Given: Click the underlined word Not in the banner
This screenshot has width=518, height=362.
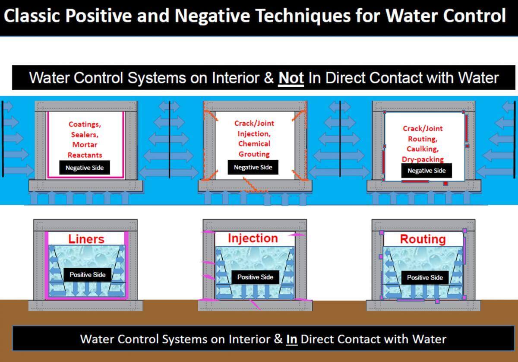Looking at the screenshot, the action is click(291, 78).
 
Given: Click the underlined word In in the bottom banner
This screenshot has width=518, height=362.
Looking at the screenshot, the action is click(292, 339).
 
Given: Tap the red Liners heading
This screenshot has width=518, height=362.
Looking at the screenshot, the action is click(86, 239).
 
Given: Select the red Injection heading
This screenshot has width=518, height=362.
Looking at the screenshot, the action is click(253, 238).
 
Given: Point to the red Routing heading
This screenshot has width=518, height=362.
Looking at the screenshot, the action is click(423, 239).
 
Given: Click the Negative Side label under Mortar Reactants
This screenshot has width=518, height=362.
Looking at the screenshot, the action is click(85, 168).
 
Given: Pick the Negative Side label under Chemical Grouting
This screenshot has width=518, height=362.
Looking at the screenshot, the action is click(253, 167).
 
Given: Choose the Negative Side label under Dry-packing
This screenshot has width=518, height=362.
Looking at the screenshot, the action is click(426, 171).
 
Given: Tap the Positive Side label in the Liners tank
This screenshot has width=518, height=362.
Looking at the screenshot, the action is click(87, 275).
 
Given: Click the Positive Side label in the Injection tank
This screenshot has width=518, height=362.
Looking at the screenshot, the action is click(255, 277).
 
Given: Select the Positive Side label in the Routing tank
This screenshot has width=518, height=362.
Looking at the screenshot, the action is click(425, 277).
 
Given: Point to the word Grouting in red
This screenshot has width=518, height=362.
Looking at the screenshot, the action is click(254, 154).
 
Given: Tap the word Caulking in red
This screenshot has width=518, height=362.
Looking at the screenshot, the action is click(423, 149).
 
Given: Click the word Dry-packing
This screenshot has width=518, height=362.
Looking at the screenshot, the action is click(423, 159).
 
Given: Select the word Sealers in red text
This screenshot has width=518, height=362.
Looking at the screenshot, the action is click(85, 135).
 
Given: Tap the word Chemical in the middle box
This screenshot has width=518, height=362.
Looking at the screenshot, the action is click(254, 144).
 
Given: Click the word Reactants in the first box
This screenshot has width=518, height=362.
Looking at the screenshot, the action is click(85, 155).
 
